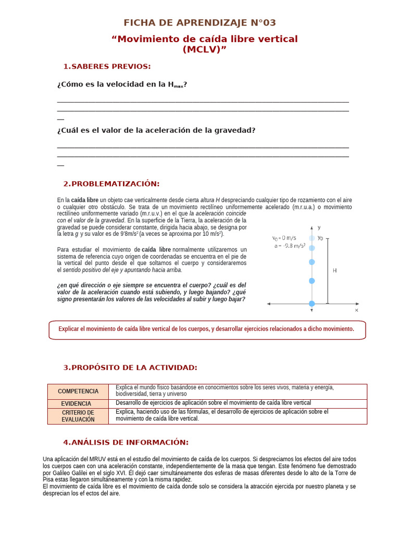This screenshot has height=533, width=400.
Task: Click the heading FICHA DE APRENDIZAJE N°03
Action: pos(199,23)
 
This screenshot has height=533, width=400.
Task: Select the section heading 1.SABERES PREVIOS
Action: pos(107,66)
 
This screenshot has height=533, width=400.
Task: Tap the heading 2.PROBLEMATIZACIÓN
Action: pos(111,184)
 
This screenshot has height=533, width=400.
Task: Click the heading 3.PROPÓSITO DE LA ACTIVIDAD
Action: pos(130,367)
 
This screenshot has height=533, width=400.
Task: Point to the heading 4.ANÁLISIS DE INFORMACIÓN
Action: pos(126,442)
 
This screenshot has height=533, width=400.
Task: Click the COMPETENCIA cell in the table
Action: pos(78,391)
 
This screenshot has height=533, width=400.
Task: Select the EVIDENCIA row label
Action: pos(76,403)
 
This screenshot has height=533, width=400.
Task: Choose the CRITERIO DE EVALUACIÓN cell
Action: pos(78,416)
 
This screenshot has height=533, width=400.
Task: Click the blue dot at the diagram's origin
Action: pos(311,303)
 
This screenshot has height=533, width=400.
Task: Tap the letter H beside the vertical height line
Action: pos(335,271)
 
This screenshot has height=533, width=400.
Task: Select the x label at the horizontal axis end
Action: pos(357,310)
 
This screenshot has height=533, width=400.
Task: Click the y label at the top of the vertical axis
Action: pos(319,227)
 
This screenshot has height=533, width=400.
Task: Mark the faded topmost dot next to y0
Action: pos(311,238)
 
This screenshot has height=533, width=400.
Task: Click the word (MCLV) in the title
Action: pos(205,49)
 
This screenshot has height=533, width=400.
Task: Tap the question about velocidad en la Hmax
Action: pos(122,84)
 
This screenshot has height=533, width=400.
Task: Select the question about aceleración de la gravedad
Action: pos(156,130)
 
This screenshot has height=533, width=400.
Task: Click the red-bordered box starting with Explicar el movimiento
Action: pos(207,329)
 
